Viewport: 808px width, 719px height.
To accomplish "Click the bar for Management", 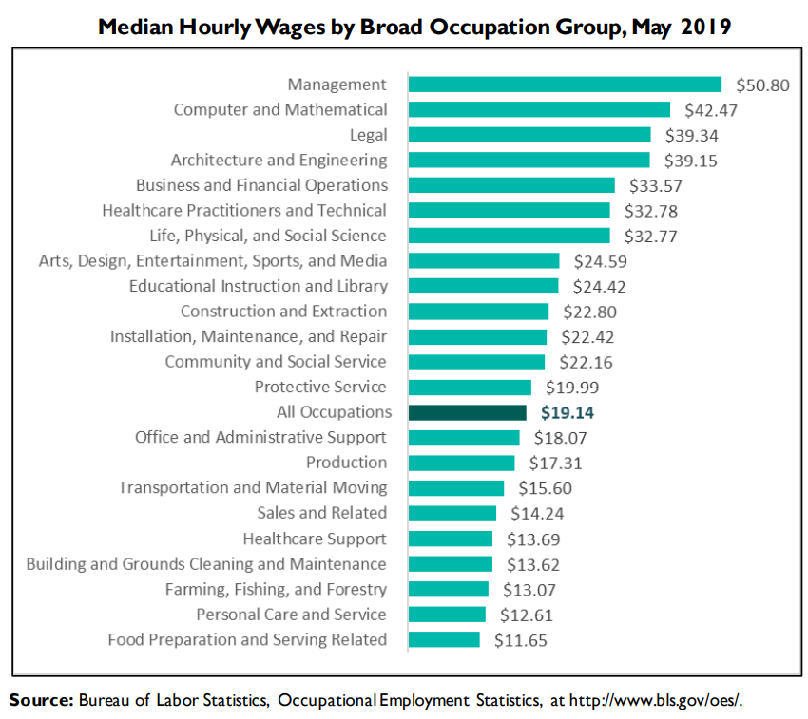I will (565, 85).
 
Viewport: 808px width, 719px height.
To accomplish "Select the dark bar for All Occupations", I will (467, 412).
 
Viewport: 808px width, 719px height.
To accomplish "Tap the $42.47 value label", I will (711, 110).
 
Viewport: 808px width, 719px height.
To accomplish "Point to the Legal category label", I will (369, 135).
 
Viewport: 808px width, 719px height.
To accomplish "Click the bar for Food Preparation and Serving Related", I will (444, 639).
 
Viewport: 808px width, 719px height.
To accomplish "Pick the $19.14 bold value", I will (567, 412).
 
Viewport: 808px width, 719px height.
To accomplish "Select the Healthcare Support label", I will (315, 539).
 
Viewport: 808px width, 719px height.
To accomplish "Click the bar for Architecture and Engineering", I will (529, 160).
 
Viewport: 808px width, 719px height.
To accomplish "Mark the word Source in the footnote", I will (41, 701).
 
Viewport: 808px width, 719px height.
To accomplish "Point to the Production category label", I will (346, 463).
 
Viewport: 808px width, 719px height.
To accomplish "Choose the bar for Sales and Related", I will (452, 513).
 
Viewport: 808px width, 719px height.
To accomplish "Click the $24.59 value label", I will (600, 260).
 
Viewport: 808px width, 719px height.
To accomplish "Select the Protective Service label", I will (320, 387).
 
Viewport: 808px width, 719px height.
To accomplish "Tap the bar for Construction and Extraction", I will (478, 312).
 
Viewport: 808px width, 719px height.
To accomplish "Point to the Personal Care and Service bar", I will (447, 615).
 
